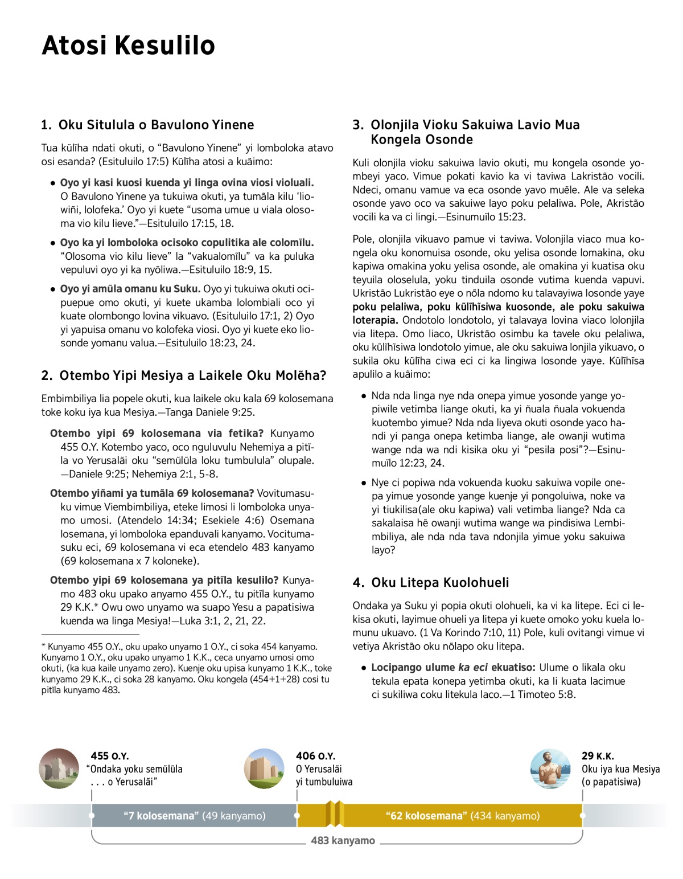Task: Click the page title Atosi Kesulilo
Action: (128, 45)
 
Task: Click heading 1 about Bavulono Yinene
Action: (148, 125)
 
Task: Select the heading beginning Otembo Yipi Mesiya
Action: (184, 375)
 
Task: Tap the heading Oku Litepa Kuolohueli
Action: (431, 582)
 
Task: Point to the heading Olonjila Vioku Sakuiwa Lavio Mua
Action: (467, 132)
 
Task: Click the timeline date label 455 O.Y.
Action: (110, 756)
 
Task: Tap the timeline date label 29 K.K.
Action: (598, 756)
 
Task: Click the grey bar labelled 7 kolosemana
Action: (194, 816)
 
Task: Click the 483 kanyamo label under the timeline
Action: (343, 841)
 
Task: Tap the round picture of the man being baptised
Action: (550, 768)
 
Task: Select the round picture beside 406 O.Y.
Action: (264, 768)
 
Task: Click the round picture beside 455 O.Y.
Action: (59, 768)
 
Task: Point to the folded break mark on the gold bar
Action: (335, 813)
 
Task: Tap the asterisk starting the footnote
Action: (43, 647)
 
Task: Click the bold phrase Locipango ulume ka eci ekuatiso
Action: (453, 668)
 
